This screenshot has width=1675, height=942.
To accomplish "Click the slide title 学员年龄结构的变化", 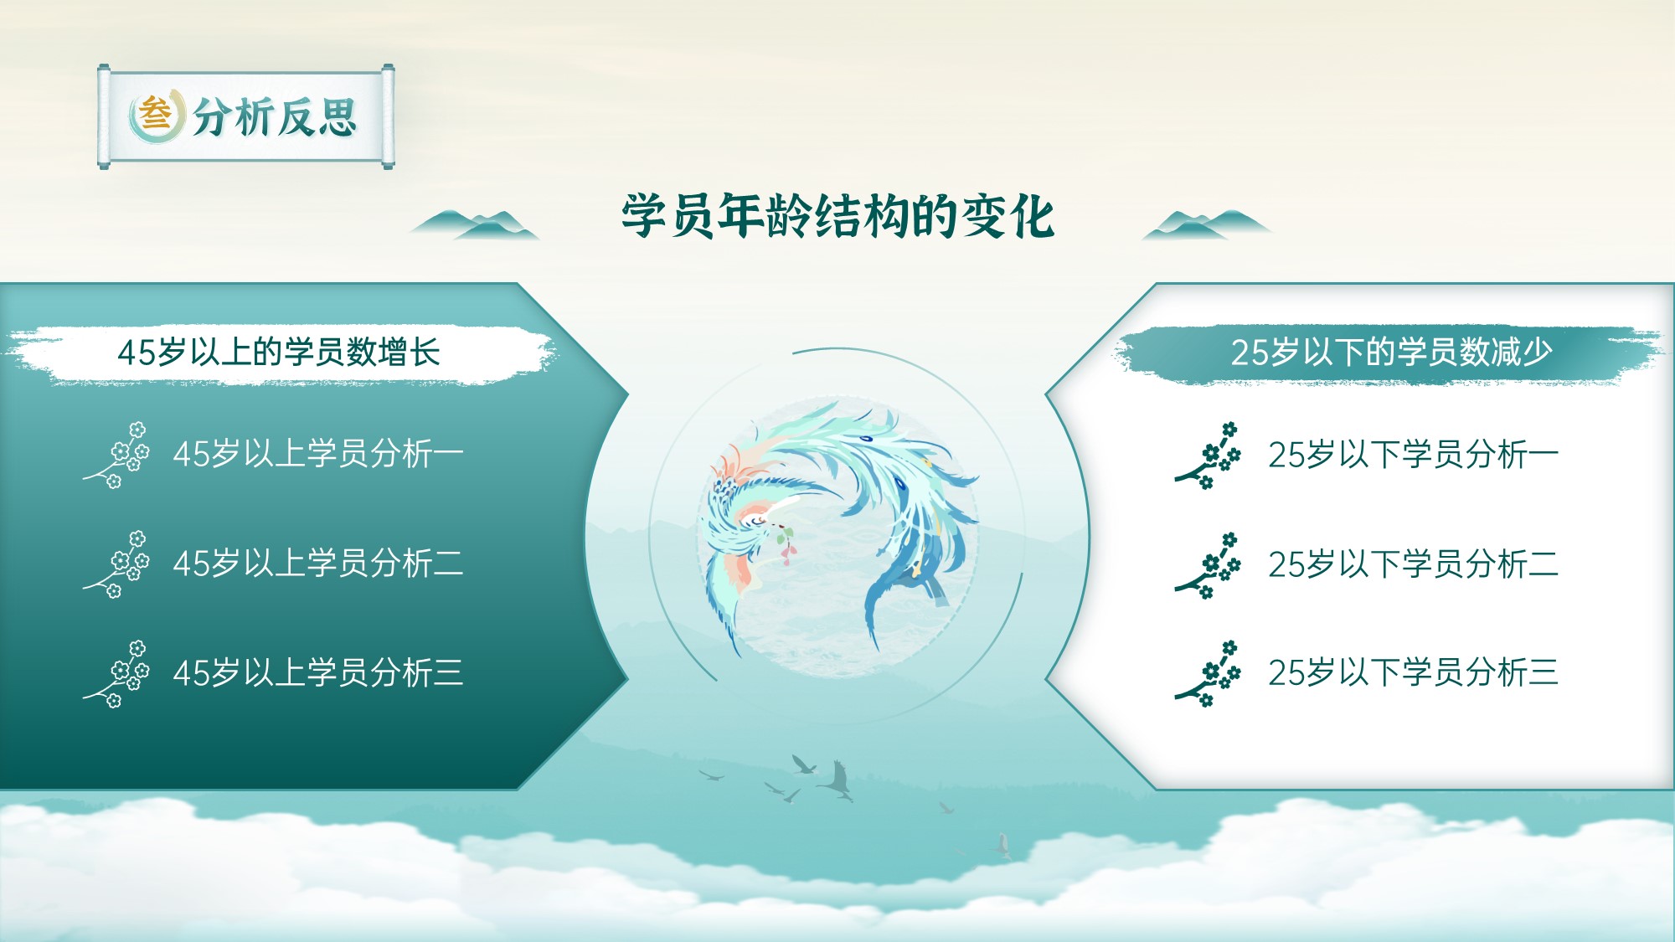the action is (837, 216).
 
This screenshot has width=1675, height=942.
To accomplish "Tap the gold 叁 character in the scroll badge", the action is (155, 114).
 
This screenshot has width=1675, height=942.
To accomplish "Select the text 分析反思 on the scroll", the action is (276, 116).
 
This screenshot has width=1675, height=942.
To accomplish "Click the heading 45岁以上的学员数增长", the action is (279, 353).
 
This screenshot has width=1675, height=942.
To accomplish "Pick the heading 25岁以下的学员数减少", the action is (1391, 352).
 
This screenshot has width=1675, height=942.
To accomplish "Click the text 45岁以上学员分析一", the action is (318, 454).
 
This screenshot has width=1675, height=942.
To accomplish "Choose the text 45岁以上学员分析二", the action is (318, 564).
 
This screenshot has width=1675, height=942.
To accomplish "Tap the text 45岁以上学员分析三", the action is (318, 672).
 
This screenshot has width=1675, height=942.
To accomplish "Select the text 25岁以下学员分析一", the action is (1413, 455).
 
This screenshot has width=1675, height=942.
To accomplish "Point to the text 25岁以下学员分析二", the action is (1413, 564).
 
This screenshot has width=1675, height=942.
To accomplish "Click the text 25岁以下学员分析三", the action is (1413, 672).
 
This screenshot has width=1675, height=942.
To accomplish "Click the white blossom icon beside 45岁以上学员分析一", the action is (116, 455).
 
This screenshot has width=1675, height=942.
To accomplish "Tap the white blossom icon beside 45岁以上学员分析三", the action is (116, 674).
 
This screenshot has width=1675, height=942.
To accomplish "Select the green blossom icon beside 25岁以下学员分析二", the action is (1208, 565).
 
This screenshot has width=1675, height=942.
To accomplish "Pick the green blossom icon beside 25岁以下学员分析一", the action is (1208, 456).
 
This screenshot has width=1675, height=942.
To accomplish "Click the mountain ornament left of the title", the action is (474, 224).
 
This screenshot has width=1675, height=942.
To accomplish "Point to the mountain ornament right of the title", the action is (1207, 224).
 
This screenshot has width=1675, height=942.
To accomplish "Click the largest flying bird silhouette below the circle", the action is (837, 780).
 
